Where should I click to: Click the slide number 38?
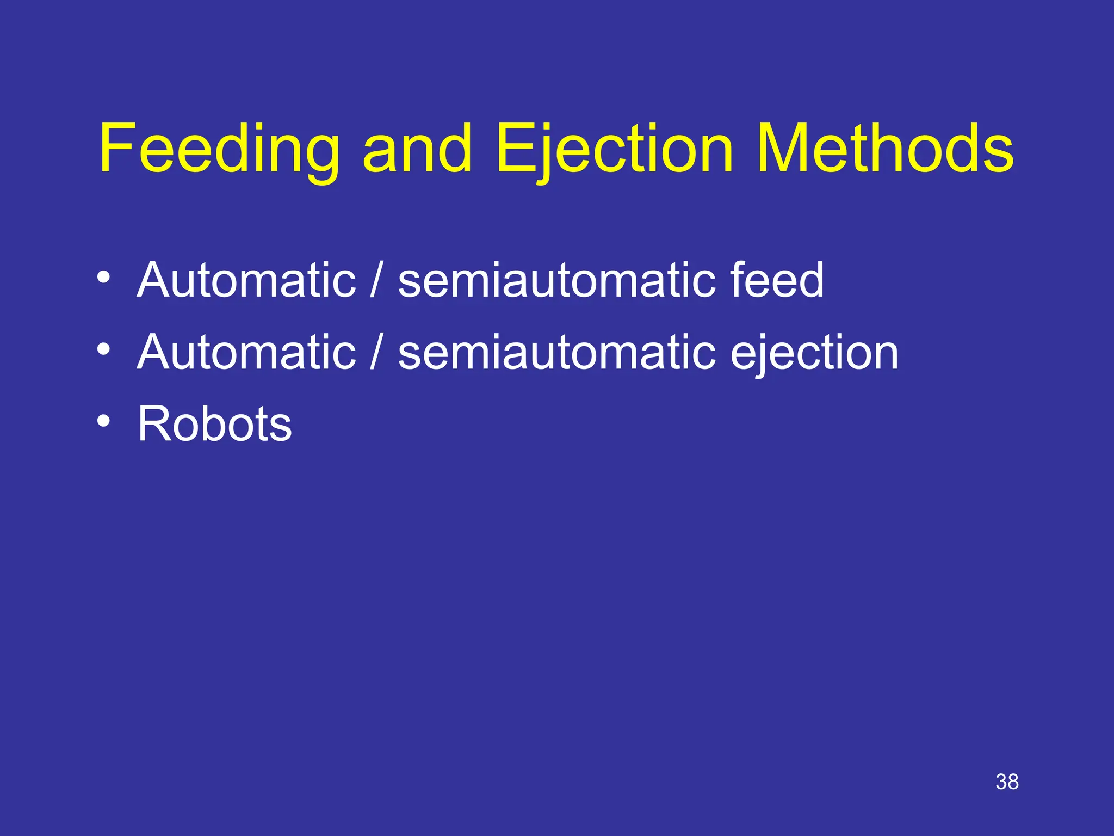(1007, 782)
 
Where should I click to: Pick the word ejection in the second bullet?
(814, 353)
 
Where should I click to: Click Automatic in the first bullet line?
(246, 280)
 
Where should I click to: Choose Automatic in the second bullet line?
(246, 352)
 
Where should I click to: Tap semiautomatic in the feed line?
(556, 280)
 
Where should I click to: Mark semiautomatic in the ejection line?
(556, 352)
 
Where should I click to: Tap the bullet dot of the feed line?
(103, 276)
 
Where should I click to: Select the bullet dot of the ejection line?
(103, 348)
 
